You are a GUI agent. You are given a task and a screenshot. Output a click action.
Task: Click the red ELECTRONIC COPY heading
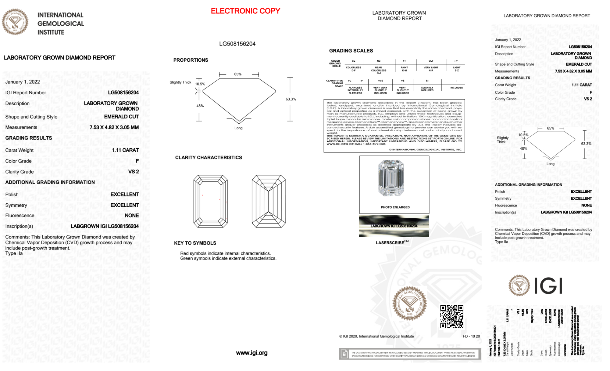pyautogui.click(x=245, y=11)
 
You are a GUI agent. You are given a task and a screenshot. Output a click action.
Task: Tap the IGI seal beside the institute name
pyautogui.click(x=15, y=22)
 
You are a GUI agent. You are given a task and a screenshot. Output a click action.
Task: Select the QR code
pyautogui.click(x=452, y=317)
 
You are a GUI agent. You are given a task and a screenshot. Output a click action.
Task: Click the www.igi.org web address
pyautogui.click(x=252, y=353)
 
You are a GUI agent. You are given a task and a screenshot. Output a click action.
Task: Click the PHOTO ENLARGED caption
pyautogui.click(x=395, y=207)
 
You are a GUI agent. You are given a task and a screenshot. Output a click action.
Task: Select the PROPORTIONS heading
pyautogui.click(x=191, y=60)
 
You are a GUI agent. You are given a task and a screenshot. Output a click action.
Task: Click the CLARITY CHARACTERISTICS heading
pyautogui.click(x=209, y=158)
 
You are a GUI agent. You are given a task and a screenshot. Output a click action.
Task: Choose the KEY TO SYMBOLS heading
pyautogui.click(x=195, y=243)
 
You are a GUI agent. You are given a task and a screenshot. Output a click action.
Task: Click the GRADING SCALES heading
pyautogui.click(x=351, y=51)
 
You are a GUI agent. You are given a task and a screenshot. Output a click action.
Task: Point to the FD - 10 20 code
pyautogui.click(x=471, y=336)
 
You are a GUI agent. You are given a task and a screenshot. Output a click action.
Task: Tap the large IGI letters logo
pyautogui.click(x=548, y=286)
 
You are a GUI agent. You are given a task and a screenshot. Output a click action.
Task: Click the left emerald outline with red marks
pyautogui.click(x=210, y=201)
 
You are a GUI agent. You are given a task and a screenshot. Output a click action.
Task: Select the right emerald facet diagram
pyautogui.click(x=269, y=201)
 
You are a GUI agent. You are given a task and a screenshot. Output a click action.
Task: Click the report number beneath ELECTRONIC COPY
pyautogui.click(x=237, y=44)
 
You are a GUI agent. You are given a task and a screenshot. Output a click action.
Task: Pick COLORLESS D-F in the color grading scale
pyautogui.click(x=354, y=69)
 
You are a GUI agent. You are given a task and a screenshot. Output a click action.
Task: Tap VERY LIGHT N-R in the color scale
pyautogui.click(x=431, y=69)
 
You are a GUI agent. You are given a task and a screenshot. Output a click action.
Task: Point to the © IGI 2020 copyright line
pyautogui.click(x=376, y=336)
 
